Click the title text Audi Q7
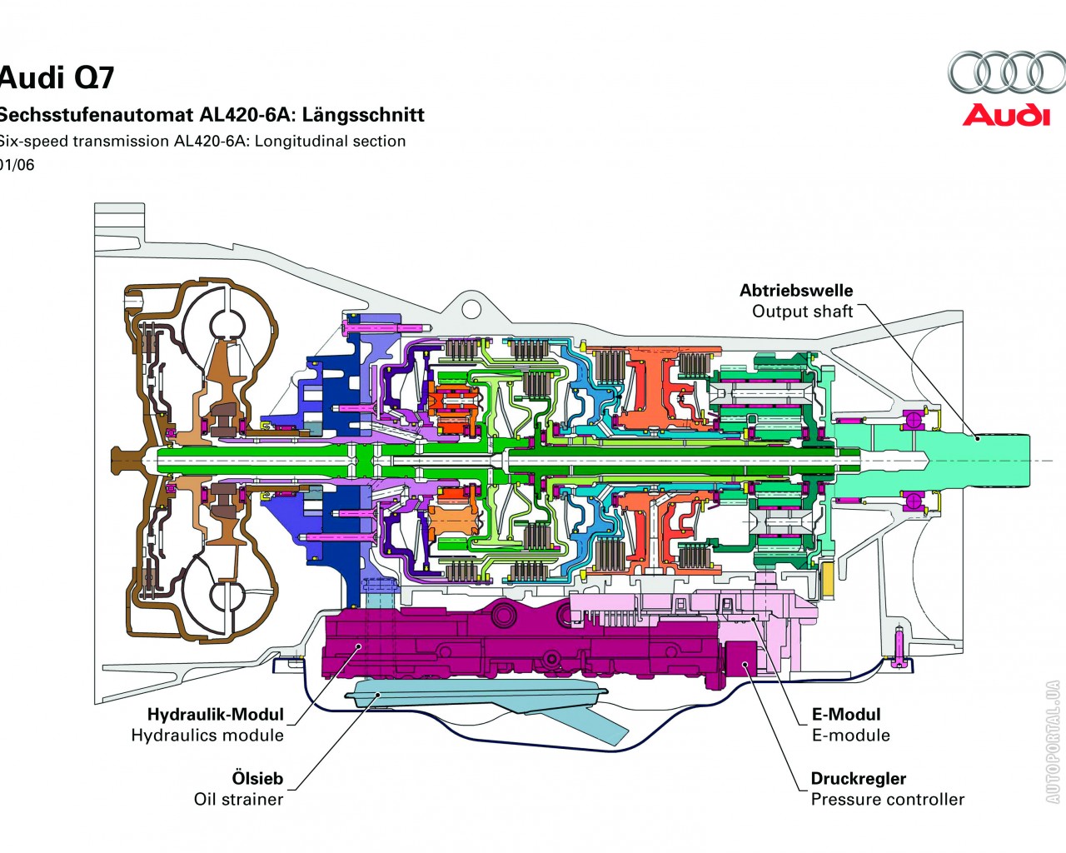[x=57, y=77]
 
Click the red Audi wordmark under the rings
[x=1006, y=115]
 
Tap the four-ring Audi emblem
[x=1006, y=72]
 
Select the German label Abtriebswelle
[x=796, y=291]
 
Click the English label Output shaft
[x=802, y=312]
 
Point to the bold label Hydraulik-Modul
[x=215, y=715]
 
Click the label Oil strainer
[x=238, y=800]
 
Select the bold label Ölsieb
[x=257, y=779]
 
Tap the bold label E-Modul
[x=845, y=715]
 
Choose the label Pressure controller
[x=887, y=800]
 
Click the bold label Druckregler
[x=858, y=779]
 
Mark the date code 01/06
[x=17, y=165]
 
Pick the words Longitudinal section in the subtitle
[x=330, y=142]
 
